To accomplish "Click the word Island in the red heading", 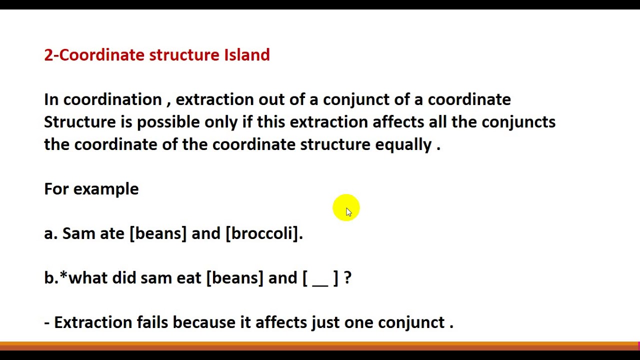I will click(x=246, y=54).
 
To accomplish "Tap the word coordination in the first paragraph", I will click(x=112, y=99).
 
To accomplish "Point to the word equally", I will click(x=403, y=145).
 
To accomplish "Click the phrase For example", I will click(x=91, y=189).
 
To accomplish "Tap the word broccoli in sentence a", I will click(x=263, y=233).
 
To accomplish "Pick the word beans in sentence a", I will click(x=158, y=233).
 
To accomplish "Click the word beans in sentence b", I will click(x=234, y=278).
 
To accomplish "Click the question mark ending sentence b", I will click(x=347, y=278).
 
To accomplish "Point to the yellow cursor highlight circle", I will click(x=346, y=207).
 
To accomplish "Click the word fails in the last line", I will click(x=152, y=322).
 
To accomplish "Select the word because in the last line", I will click(x=204, y=322).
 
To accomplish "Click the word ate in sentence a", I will click(x=112, y=233).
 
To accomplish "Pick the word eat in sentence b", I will click(x=189, y=278).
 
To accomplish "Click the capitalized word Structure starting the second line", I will click(x=80, y=122).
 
